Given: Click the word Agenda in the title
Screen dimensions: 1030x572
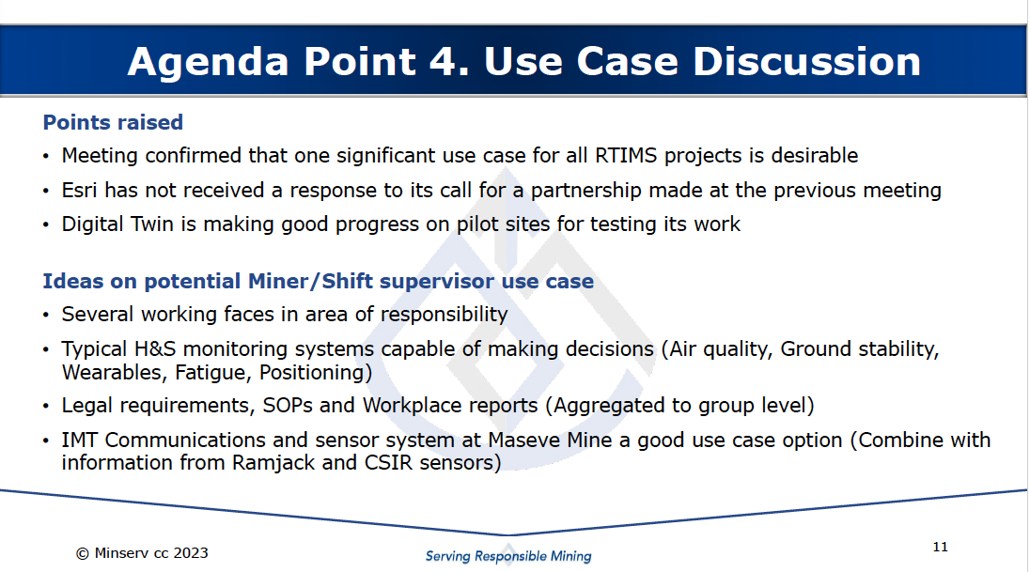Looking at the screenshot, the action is pyautogui.click(x=209, y=63).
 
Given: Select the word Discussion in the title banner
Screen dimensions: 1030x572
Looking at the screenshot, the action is pyautogui.click(x=806, y=61).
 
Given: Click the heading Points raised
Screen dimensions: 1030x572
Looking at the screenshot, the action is pyautogui.click(x=113, y=122).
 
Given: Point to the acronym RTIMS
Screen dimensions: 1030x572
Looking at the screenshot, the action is pyautogui.click(x=626, y=156).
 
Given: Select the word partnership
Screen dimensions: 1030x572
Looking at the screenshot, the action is pyautogui.click(x=585, y=191).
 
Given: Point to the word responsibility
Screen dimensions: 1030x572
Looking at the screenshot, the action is pyautogui.click(x=445, y=315).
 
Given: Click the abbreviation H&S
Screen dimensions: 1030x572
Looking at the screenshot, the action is pyautogui.click(x=155, y=348).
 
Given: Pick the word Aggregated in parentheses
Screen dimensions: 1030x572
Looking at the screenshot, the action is pyautogui.click(x=609, y=406).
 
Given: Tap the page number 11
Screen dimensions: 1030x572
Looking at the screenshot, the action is pyautogui.click(x=940, y=547).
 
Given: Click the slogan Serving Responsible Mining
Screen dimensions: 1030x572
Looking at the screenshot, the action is pyautogui.click(x=508, y=556).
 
